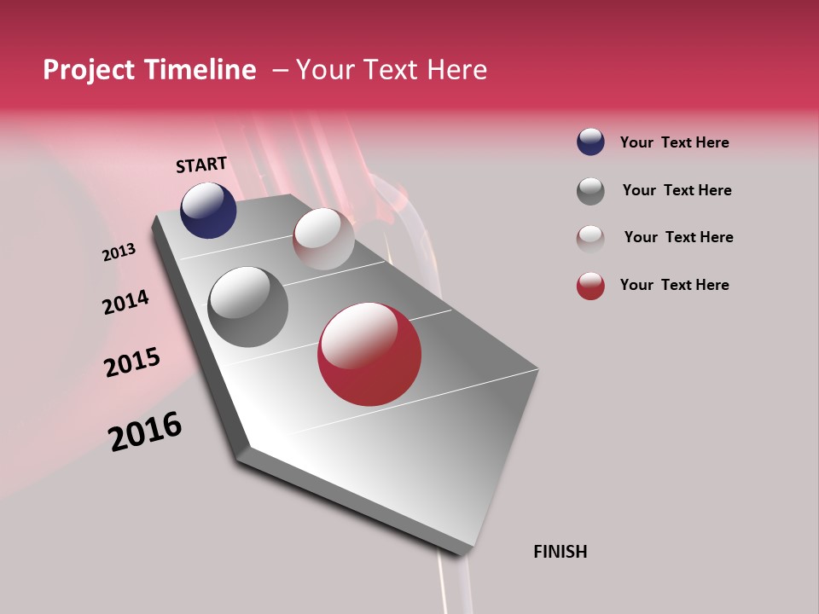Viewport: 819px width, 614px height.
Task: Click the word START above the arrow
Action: [x=201, y=165]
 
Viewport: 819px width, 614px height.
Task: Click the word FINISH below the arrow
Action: [x=560, y=552]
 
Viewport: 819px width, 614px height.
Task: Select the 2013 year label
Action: [x=119, y=252]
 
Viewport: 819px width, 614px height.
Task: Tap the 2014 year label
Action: [x=125, y=303]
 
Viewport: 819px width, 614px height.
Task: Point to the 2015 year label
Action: [x=132, y=362]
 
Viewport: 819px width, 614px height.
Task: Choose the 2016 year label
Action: [x=145, y=431]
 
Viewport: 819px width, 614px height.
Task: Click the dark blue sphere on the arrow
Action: [x=208, y=211]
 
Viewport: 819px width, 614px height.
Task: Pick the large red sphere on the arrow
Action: [x=369, y=354]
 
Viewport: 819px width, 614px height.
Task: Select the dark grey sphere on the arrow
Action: [x=248, y=307]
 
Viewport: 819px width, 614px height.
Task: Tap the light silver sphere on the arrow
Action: [x=323, y=239]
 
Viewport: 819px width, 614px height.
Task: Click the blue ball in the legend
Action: [x=590, y=142]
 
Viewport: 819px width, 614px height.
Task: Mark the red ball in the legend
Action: [x=590, y=286]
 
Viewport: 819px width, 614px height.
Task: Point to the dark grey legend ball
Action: [x=590, y=191]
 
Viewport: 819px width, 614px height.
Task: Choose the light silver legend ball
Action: [x=590, y=238]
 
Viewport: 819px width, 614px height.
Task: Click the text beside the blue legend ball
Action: [x=674, y=142]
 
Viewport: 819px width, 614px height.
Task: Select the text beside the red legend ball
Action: [x=674, y=285]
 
